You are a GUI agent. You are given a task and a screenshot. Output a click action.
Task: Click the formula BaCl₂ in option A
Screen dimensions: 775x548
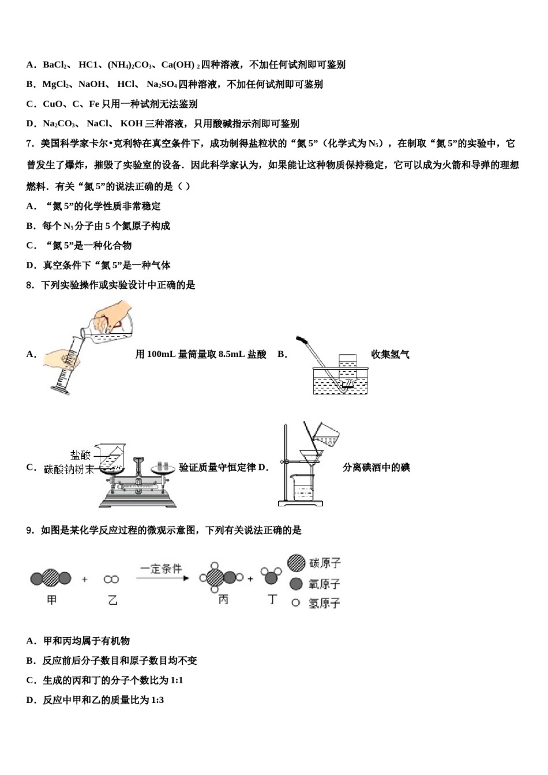[x=56, y=65]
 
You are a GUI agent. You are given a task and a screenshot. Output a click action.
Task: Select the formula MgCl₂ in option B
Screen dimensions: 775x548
[x=56, y=84]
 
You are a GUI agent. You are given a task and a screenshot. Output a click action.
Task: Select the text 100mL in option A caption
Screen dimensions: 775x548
[x=161, y=354]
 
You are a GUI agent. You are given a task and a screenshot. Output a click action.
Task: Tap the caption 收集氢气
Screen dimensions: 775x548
[x=390, y=354]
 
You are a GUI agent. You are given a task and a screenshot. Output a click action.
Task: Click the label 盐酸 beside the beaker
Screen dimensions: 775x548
[x=80, y=454]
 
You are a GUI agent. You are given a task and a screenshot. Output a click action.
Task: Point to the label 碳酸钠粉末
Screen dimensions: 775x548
[x=69, y=469]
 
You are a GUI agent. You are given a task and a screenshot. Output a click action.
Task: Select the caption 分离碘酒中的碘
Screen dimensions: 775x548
[x=376, y=467]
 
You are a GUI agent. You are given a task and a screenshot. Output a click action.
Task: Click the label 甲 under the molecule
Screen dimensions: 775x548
[x=52, y=600]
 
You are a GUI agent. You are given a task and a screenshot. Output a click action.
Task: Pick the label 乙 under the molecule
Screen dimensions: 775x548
[x=113, y=600]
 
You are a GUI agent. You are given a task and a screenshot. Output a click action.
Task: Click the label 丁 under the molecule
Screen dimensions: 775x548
[x=272, y=599]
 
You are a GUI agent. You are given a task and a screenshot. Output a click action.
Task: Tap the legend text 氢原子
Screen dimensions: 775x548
[x=324, y=603]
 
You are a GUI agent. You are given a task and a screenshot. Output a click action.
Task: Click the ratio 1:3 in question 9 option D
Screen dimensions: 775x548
[x=157, y=700]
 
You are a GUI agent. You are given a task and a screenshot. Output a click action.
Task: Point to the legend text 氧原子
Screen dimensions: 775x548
[x=324, y=584]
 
